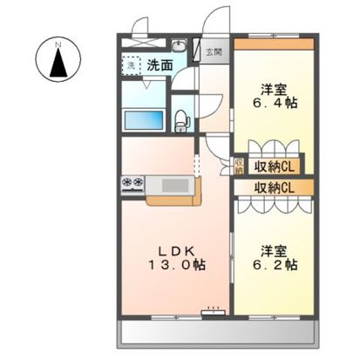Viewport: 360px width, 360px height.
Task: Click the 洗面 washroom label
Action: (x=160, y=65)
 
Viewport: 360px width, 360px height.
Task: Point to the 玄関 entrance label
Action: (x=214, y=51)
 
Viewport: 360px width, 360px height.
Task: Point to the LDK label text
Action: (x=174, y=246)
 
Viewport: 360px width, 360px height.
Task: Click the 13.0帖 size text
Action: (x=174, y=263)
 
